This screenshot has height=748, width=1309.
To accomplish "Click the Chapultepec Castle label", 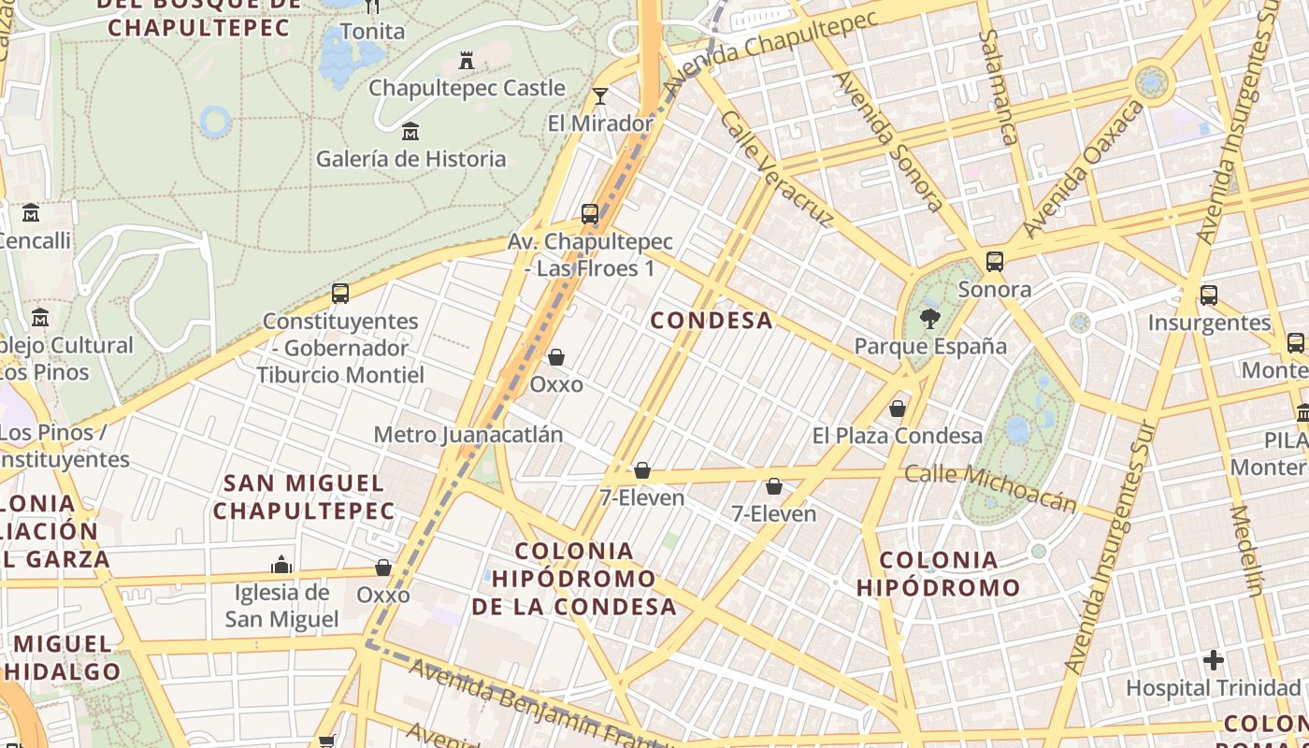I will pos(467,88).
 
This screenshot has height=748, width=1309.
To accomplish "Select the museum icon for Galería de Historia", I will pos(410,132).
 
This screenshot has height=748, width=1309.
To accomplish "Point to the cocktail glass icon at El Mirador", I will pos(600,96).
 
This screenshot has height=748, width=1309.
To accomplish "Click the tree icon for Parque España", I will pos(929,320).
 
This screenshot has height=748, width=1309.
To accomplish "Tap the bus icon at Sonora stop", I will pos(995,262).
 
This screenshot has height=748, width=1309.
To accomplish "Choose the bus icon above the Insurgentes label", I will pos(1209,295).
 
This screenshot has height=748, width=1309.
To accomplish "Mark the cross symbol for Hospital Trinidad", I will pos(1214,660).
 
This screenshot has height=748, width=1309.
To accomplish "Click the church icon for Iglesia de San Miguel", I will pos(281,565).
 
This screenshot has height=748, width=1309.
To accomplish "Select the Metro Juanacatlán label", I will pos(468,435).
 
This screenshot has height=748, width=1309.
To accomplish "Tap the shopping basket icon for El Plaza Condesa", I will pos(898,409).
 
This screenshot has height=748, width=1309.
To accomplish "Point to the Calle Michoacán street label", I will pos(990,488).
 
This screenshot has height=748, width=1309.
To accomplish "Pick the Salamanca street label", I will pos(998,87).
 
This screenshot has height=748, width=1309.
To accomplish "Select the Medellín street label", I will pos(1247,551).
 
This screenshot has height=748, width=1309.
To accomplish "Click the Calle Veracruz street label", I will pos(777,169).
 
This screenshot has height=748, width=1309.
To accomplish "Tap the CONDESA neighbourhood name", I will pos(712,321).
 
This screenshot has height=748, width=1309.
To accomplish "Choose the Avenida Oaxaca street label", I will pos(1083,170).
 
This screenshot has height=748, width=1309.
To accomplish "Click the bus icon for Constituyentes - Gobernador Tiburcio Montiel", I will pos(340,294).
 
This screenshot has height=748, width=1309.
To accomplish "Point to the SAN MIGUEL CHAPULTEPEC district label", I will pos(304,497).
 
